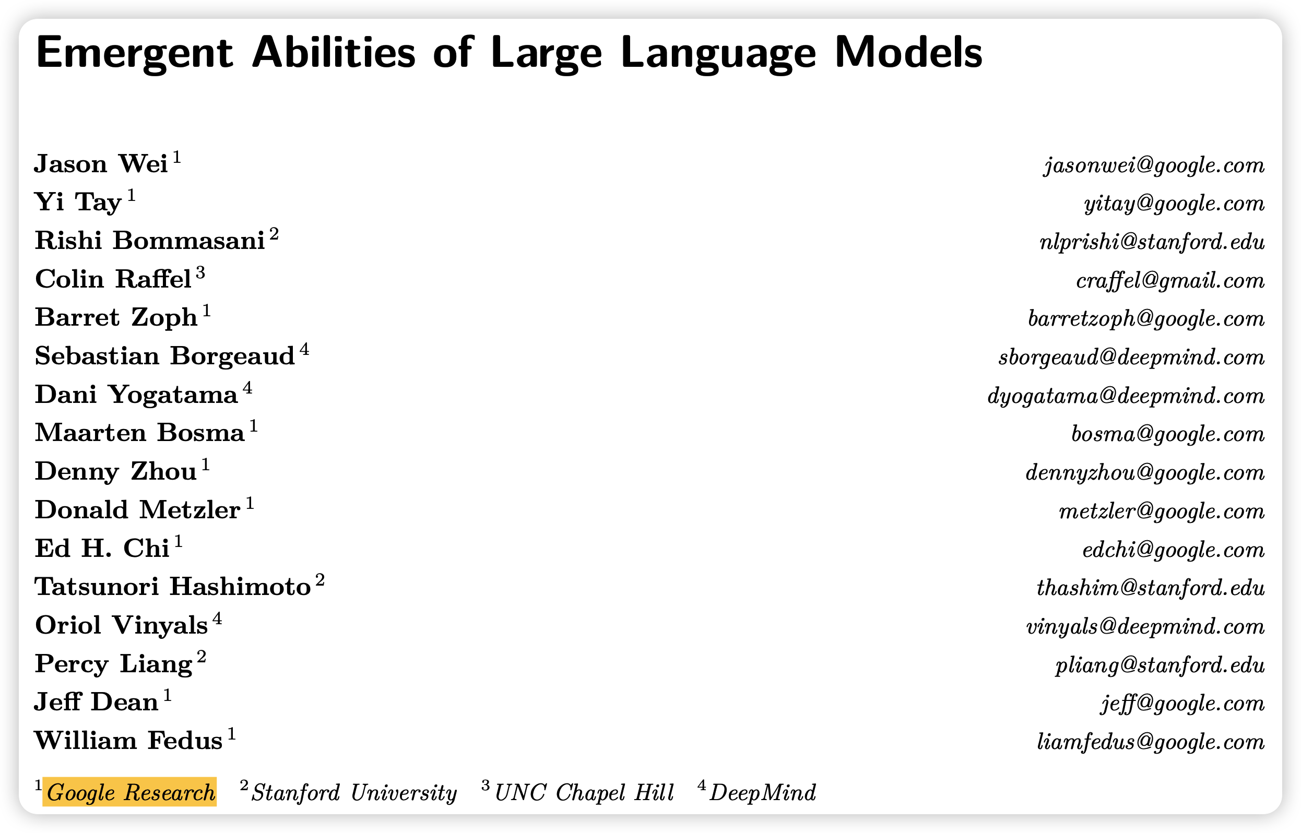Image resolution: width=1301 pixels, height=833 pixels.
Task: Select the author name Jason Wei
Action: (x=101, y=164)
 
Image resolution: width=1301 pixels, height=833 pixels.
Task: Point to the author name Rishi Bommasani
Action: (x=150, y=241)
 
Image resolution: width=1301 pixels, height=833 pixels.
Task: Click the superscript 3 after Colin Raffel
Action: (x=200, y=272)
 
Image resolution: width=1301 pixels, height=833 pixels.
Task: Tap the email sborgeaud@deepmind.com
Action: (x=1132, y=357)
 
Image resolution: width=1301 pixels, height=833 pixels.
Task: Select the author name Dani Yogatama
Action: (x=136, y=395)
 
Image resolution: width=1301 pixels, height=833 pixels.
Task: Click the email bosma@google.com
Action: (x=1168, y=434)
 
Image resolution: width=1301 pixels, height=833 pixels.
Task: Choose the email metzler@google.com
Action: (x=1162, y=510)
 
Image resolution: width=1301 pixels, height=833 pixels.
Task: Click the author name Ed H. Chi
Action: (x=102, y=549)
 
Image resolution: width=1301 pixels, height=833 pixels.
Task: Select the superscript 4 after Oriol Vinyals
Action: (x=217, y=618)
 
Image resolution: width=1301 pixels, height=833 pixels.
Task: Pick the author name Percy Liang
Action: (x=114, y=664)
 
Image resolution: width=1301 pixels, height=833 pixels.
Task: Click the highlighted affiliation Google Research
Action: (x=131, y=792)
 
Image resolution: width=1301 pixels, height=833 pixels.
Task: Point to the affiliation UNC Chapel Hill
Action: (x=584, y=793)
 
